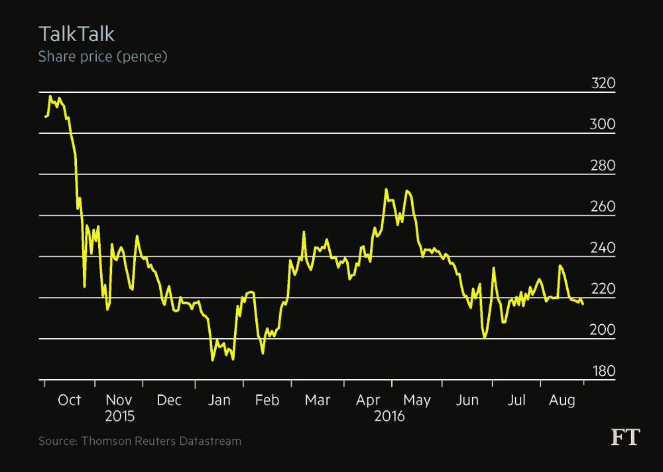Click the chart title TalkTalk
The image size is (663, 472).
click(x=77, y=34)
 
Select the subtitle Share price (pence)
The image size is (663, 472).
click(x=103, y=56)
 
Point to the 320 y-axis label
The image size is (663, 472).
click(x=603, y=84)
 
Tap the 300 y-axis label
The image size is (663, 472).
click(x=603, y=125)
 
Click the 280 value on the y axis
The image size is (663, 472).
click(x=603, y=166)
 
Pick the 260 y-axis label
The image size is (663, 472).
click(x=603, y=207)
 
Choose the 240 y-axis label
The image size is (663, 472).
click(x=603, y=248)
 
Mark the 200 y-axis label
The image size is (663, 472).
click(x=603, y=330)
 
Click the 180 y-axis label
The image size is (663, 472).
click(x=603, y=371)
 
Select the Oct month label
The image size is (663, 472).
click(x=69, y=400)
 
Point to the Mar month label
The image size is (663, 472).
click(x=318, y=400)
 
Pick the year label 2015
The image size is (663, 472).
click(x=119, y=417)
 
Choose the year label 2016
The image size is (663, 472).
click(x=389, y=417)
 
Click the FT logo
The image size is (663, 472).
click(x=625, y=437)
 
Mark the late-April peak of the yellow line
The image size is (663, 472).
click(x=386, y=190)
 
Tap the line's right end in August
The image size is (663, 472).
click(x=583, y=304)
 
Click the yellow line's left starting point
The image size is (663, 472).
click(x=45, y=117)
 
